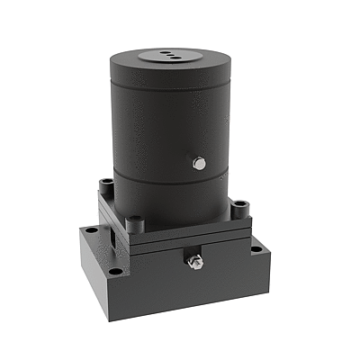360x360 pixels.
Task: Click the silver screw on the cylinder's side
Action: click(200, 163)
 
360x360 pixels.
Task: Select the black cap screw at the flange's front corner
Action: click(136, 221)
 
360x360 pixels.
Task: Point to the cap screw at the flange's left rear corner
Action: click(106, 184)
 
